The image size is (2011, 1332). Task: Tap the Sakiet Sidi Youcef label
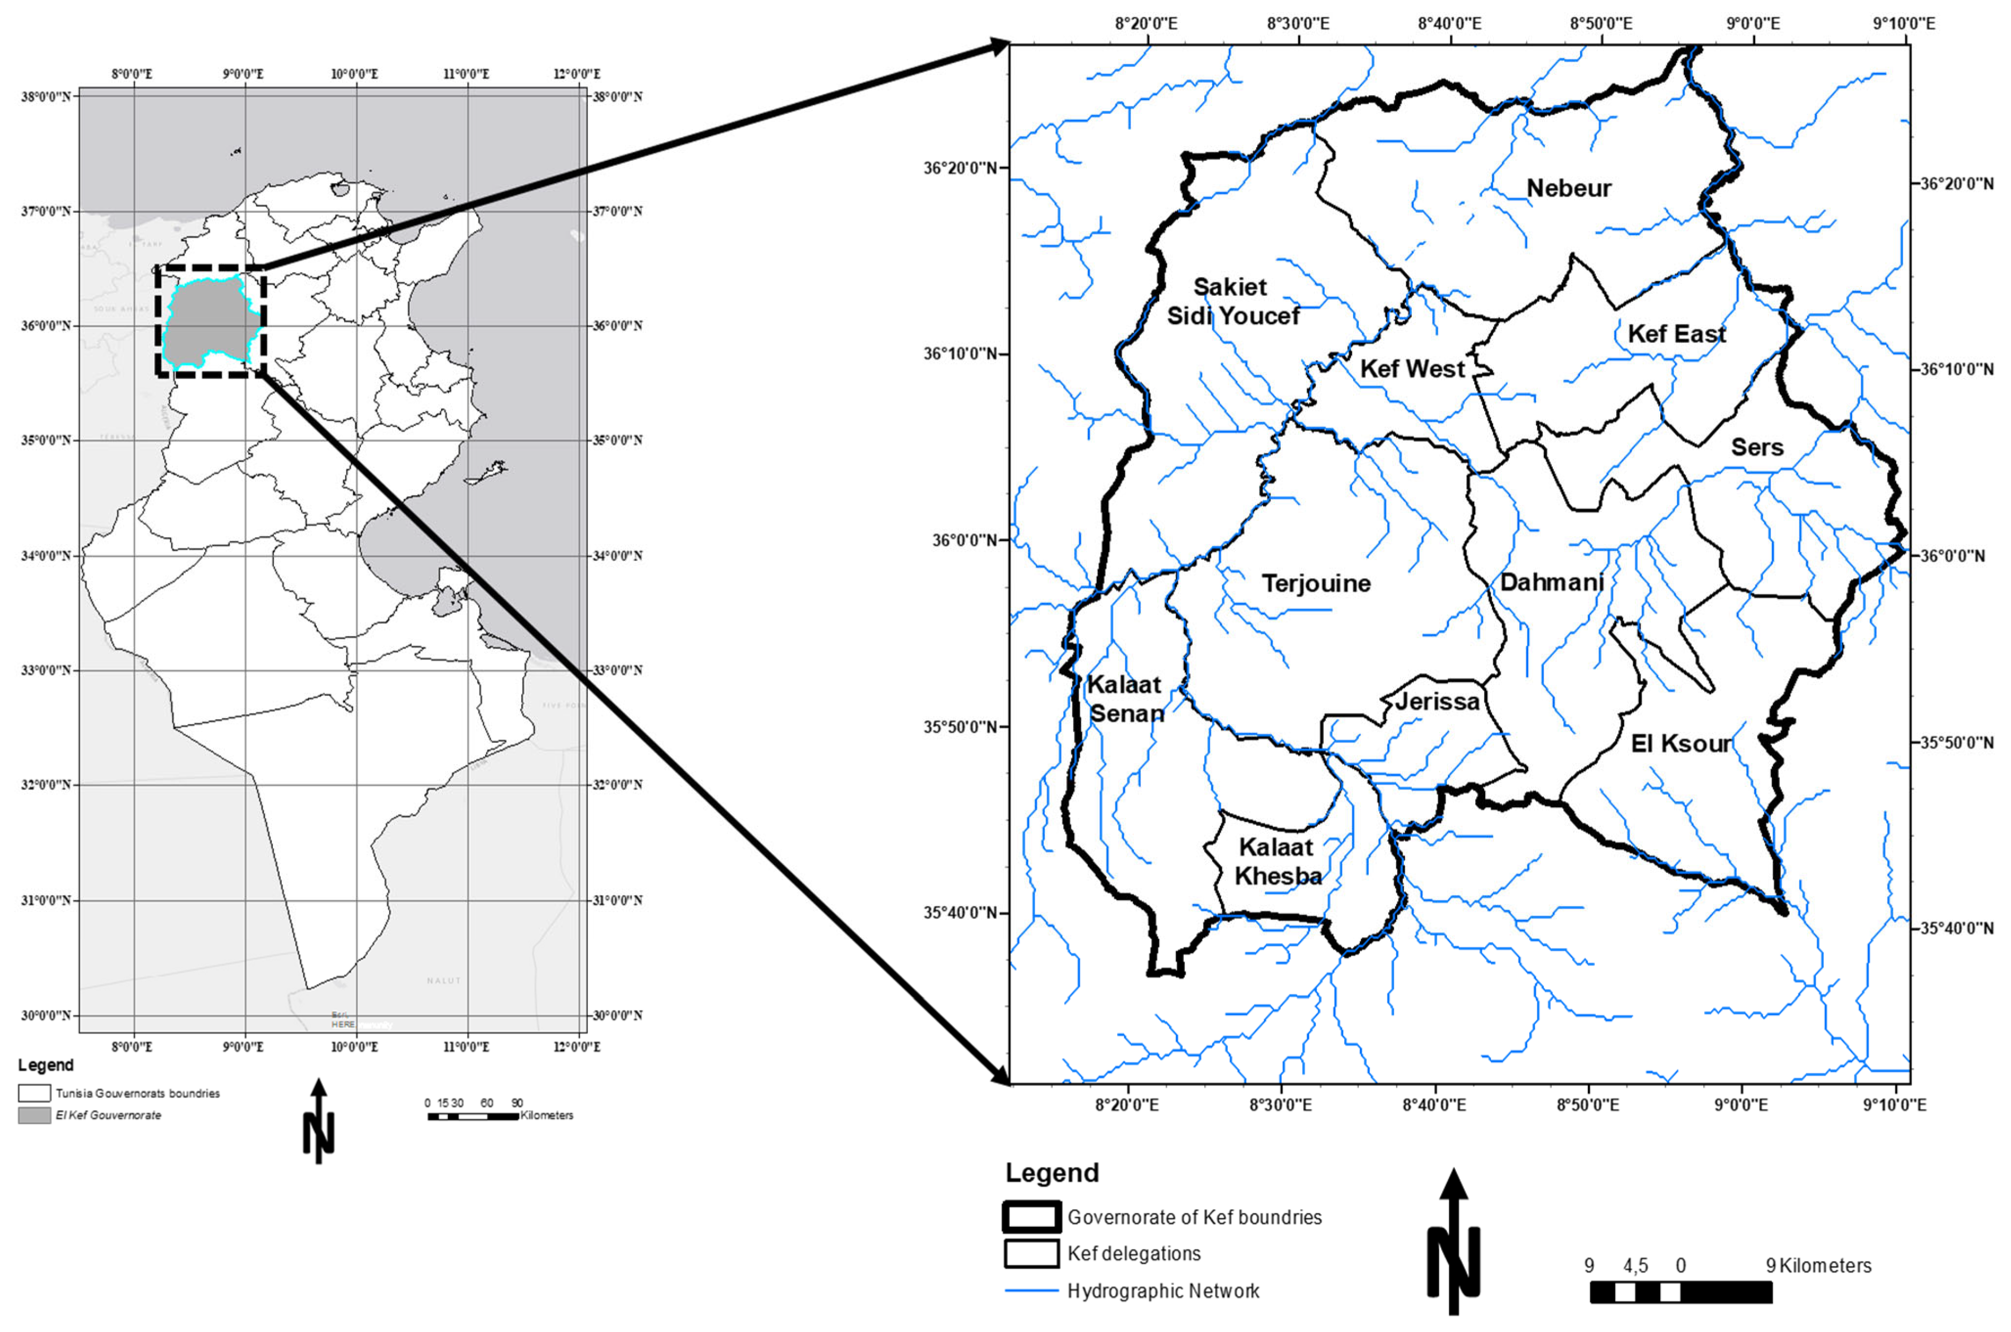1232,301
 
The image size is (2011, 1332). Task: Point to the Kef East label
1676,334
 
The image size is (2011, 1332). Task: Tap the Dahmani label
1552,582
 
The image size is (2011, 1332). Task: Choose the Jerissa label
1437,701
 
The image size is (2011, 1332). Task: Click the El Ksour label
1680,744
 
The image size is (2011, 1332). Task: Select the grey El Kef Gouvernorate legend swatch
34,1115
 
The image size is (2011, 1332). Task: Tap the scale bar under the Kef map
1680,1292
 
